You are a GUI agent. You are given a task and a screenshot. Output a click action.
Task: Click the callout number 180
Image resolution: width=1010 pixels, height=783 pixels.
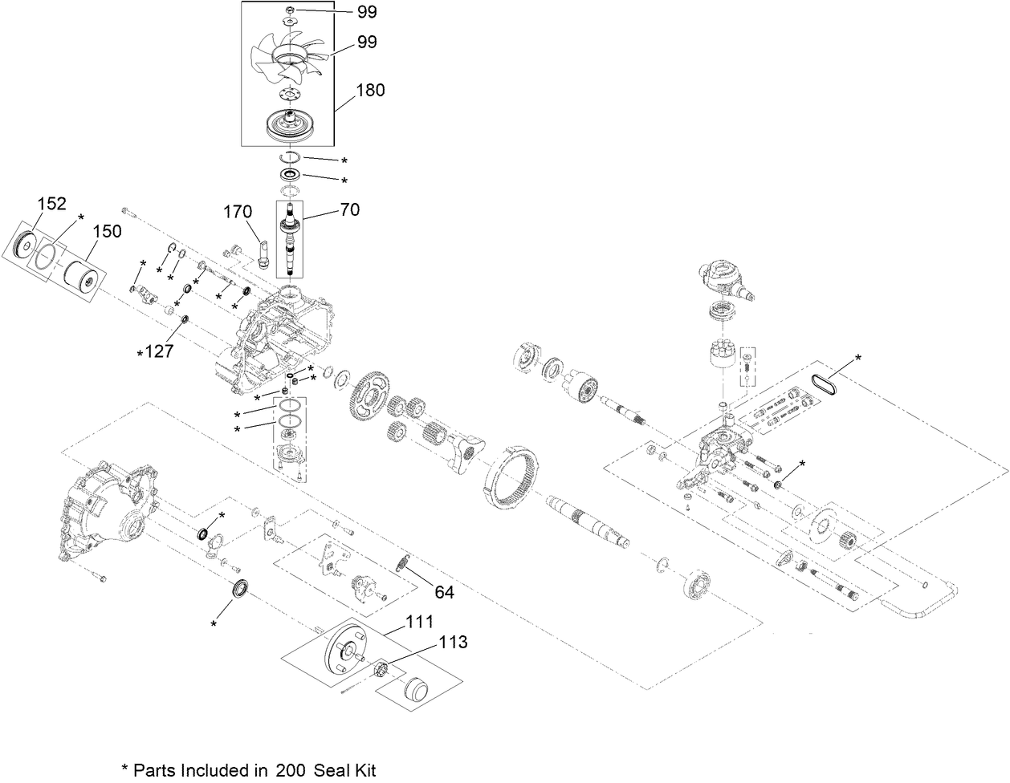coord(369,90)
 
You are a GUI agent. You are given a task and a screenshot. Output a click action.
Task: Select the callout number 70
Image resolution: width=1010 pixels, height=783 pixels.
coord(349,210)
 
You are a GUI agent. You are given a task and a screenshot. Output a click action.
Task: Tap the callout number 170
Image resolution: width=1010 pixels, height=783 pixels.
coord(238,213)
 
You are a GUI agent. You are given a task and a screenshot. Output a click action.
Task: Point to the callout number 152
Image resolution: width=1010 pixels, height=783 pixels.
coord(51,204)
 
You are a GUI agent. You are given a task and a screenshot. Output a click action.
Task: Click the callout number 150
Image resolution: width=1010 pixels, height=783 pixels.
coord(107,231)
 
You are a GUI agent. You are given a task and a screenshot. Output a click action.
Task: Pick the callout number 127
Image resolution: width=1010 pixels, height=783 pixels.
coord(158,351)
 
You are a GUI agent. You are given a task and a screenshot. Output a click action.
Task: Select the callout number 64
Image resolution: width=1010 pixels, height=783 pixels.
coord(445,592)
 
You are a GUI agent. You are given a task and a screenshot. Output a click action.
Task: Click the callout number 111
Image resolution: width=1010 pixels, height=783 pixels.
coord(419,622)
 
